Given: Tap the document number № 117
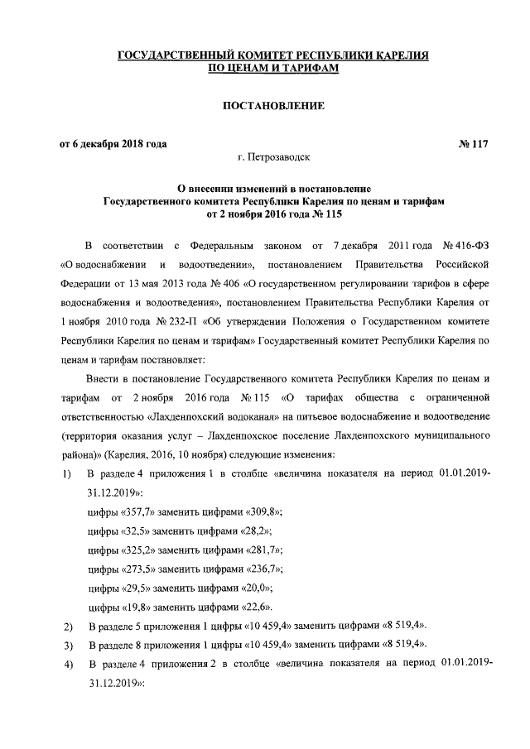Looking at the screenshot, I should click(x=472, y=144).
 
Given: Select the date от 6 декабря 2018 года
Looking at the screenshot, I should click(x=113, y=144).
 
